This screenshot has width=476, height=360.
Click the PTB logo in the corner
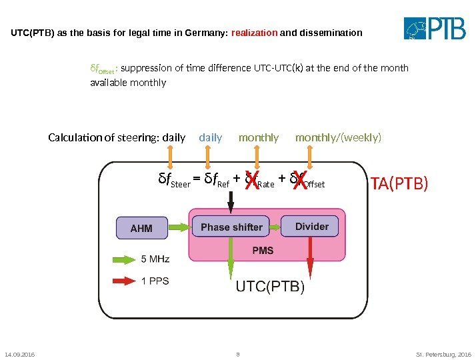[x=437, y=29]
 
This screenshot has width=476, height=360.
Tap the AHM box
[x=141, y=228]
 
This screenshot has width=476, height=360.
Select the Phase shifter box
[x=231, y=227]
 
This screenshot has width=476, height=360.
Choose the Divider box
[x=311, y=227]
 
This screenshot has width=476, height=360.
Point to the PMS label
[x=262, y=251]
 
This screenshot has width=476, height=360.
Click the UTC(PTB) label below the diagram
[x=270, y=287]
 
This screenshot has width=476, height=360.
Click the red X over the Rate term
[x=251, y=181]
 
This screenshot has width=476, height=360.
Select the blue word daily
[x=211, y=138]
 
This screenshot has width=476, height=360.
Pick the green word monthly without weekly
[x=259, y=138]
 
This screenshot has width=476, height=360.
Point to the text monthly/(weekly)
[x=339, y=138]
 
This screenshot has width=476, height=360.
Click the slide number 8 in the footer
[x=237, y=354]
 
